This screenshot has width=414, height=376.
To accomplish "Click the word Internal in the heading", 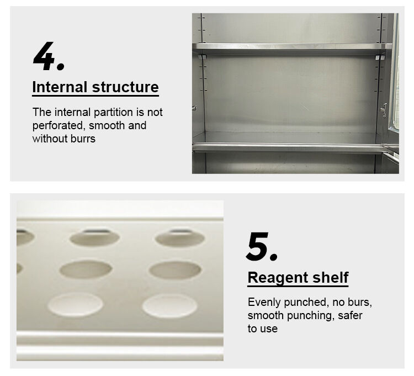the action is (x=60, y=87).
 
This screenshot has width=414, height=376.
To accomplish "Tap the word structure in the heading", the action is (x=125, y=87).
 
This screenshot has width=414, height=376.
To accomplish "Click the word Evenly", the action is (x=264, y=303).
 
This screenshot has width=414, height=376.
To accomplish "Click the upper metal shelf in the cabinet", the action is (x=292, y=47).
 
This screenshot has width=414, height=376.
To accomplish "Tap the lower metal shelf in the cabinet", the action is (x=288, y=147).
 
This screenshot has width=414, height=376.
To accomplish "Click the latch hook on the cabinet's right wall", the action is (x=384, y=110).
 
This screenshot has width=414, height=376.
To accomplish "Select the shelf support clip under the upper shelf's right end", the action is (x=379, y=57).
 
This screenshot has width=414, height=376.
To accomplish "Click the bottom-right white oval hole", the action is (x=169, y=306).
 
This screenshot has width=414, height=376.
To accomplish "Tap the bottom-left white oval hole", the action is (x=76, y=304).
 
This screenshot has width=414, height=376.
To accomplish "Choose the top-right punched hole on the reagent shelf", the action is (x=180, y=237).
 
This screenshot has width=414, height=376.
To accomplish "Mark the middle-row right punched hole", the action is (x=175, y=270).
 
